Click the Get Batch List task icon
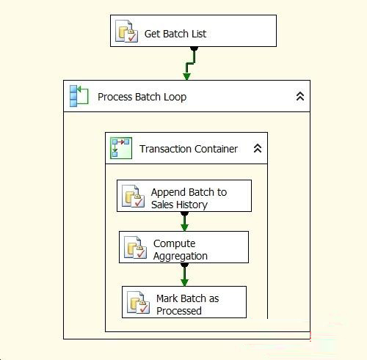[x=126, y=31]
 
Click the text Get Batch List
[x=175, y=34]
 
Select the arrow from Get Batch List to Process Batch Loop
[x=190, y=63]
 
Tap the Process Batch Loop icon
[x=79, y=96]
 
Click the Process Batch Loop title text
[x=142, y=97]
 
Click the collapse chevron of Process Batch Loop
[x=300, y=96]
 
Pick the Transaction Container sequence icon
[x=121, y=148]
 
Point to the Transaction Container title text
[x=189, y=149]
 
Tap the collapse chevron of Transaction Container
[x=258, y=148]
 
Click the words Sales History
[x=179, y=205]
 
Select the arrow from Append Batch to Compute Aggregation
[x=184, y=221]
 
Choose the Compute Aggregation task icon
[x=135, y=247]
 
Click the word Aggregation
[x=181, y=256]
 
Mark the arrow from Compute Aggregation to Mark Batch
[x=184, y=274]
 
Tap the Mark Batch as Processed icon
[x=138, y=302]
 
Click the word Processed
[x=179, y=311]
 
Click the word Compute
[x=174, y=243]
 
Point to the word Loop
[x=175, y=97]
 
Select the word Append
[x=168, y=192]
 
